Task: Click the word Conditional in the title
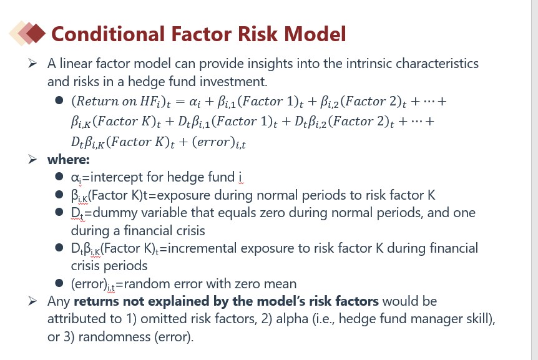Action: [x=108, y=34]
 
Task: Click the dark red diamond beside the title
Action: [x=36, y=33]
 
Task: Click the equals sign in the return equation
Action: [x=180, y=102]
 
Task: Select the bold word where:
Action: [x=69, y=160]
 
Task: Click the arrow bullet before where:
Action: [x=32, y=160]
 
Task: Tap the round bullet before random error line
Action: [x=59, y=283]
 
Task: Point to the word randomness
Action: [x=114, y=337]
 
